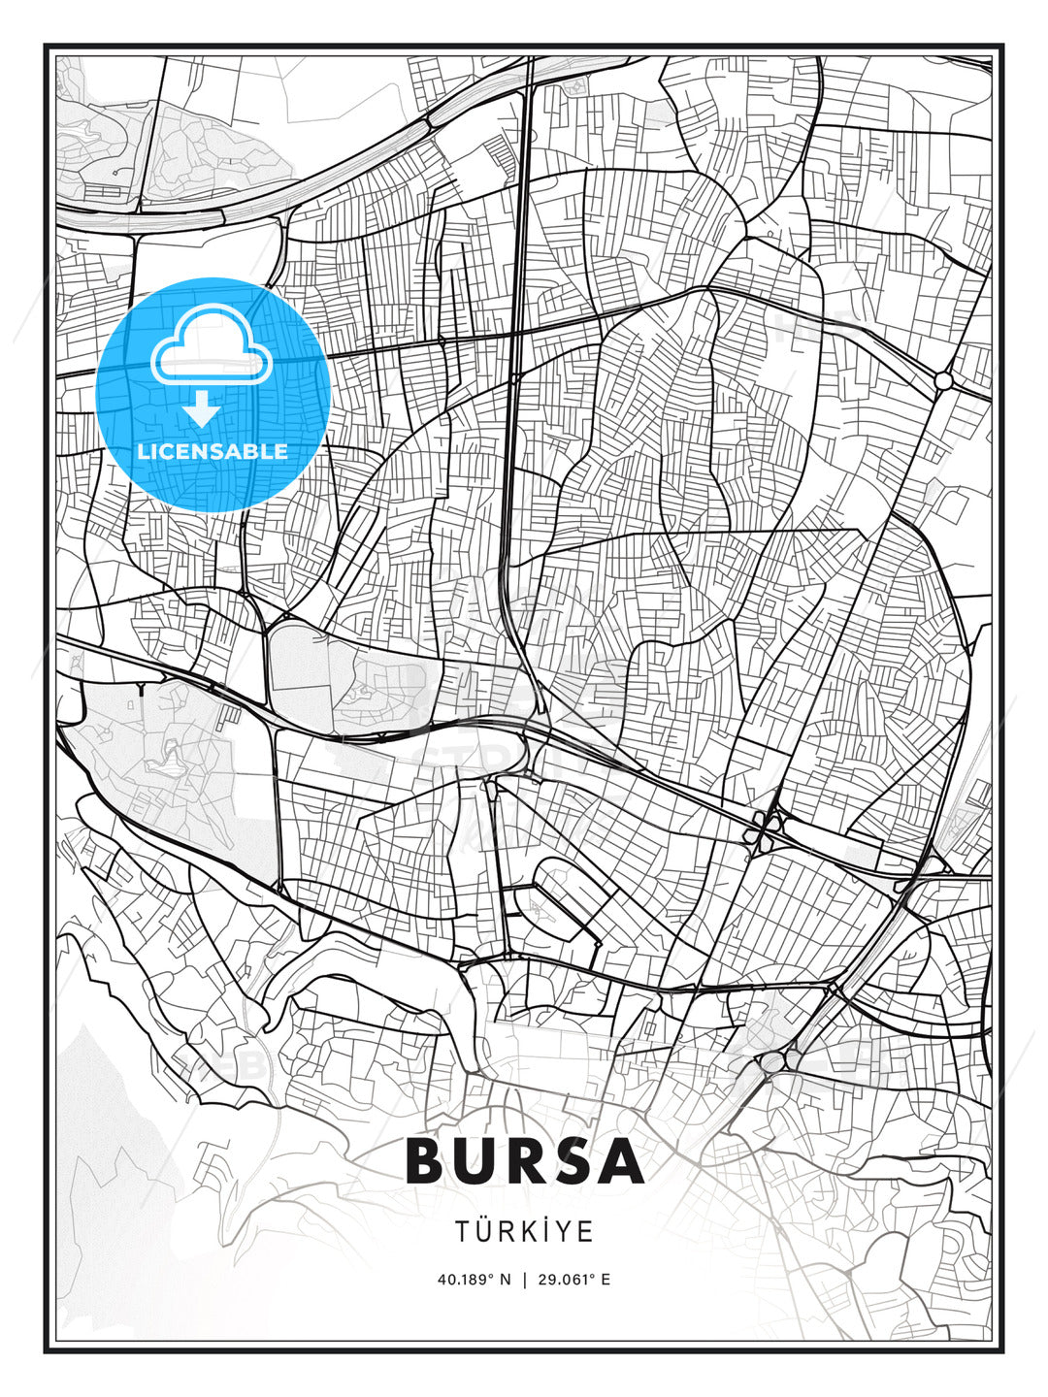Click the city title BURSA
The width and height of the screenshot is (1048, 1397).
tap(524, 1160)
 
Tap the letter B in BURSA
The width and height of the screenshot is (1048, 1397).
tap(428, 1160)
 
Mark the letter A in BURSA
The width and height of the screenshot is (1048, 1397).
tap(622, 1160)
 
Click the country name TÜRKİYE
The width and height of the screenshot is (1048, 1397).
tap(524, 1231)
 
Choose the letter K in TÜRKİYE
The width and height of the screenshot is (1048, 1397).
tap(529, 1232)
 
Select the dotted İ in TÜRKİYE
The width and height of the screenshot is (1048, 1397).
tap(547, 1231)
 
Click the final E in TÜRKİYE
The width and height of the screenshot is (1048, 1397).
tap(587, 1232)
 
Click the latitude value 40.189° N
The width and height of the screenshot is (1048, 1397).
tap(474, 1279)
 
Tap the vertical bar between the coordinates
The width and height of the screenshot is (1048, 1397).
tap(525, 1279)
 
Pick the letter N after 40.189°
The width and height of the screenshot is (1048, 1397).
tap(505, 1279)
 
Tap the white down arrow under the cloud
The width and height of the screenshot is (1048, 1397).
tap(202, 409)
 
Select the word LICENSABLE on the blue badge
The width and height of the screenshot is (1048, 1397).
tap(213, 451)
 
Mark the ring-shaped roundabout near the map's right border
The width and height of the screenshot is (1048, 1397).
tap(943, 381)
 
